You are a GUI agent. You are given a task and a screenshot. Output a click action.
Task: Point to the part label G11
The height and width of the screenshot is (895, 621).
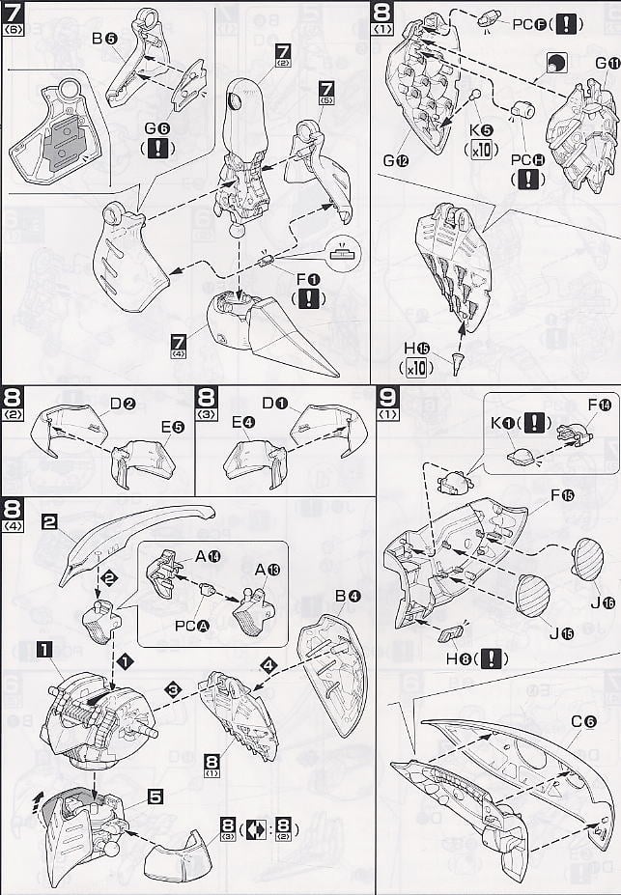click(606, 66)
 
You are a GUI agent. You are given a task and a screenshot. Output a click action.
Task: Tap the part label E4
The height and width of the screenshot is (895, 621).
click(241, 422)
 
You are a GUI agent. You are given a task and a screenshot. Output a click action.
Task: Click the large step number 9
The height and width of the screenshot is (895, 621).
click(385, 399)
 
